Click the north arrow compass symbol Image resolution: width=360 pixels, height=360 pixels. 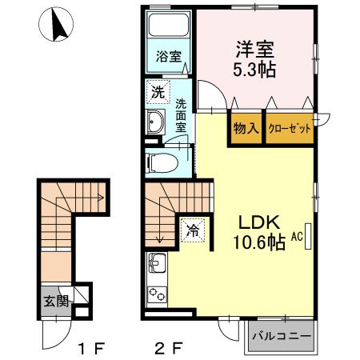click(56, 26)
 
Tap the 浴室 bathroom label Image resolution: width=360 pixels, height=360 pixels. click(167, 58)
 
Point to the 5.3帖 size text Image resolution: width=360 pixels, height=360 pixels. click(254, 70)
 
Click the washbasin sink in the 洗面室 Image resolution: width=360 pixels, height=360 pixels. click(156, 122)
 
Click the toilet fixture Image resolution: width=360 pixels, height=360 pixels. click(162, 162)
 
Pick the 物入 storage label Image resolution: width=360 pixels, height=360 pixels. click(246, 129)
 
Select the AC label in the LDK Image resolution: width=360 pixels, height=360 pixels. click(297, 237)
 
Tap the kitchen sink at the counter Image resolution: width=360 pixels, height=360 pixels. click(155, 263)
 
